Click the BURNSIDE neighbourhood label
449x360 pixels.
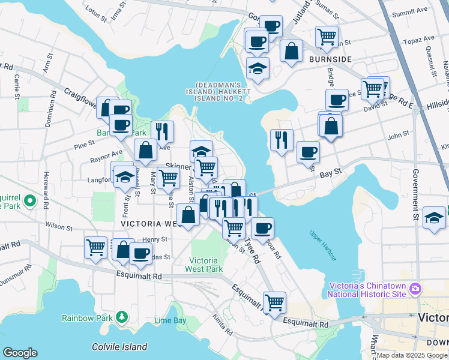point(330,60)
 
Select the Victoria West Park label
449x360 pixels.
point(206,265)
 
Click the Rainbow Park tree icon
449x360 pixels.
point(122,316)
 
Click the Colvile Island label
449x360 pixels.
point(119,347)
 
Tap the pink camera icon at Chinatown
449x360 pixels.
point(415,290)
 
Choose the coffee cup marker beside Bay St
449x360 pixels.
point(308,151)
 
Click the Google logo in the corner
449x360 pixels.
point(20,353)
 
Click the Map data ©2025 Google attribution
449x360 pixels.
point(412,355)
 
